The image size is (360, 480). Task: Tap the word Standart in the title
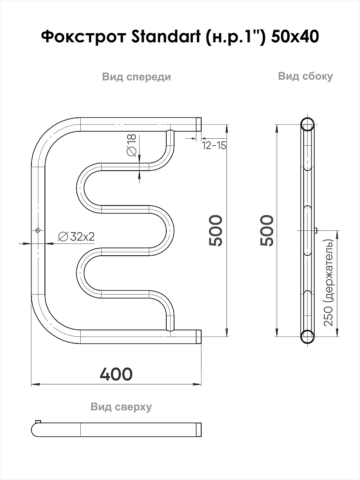pos(165,37)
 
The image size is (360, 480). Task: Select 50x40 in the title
pos(295,37)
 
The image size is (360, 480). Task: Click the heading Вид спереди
pos(137,76)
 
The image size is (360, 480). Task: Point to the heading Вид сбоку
pos(305,76)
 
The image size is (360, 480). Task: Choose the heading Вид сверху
pos(121,407)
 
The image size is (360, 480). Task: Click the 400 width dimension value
pos(117,374)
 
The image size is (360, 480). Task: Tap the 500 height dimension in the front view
pos(216,230)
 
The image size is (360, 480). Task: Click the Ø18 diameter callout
pos(131,145)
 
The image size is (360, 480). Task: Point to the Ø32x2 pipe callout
pos(76,237)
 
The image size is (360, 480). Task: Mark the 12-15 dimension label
pos(214,145)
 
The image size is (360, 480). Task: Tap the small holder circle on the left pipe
pos(38,230)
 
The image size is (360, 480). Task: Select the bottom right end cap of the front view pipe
pos(199,336)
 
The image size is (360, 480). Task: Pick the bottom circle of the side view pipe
pos(307,336)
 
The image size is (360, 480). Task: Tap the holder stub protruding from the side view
pos(316,230)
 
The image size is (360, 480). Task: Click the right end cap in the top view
pos(199,429)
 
